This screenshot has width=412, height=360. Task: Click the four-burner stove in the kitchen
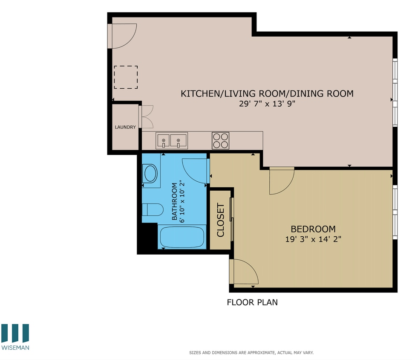[220, 140]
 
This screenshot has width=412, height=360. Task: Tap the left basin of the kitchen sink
[163, 140]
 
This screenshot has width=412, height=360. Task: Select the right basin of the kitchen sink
[179, 140]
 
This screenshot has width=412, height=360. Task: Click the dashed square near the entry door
[125, 77]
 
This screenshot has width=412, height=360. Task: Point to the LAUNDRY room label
[125, 127]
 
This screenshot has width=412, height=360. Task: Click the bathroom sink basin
[150, 174]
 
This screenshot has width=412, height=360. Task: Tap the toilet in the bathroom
[153, 210]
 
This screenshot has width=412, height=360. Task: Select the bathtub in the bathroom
[182, 237]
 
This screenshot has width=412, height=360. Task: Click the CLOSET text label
[221, 220]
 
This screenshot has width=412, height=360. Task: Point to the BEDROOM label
[313, 229]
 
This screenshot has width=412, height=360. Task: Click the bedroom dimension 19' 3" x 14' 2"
[313, 239]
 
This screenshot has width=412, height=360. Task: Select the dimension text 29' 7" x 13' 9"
[267, 104]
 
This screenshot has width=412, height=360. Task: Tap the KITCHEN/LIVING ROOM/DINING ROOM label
[267, 93]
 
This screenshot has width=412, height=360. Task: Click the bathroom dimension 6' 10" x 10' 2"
[178, 202]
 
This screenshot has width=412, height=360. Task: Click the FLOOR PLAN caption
[252, 302]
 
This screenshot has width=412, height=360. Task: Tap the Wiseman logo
[15, 337]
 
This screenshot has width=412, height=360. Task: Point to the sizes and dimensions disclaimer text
[251, 353]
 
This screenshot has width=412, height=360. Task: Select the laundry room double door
[146, 117]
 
